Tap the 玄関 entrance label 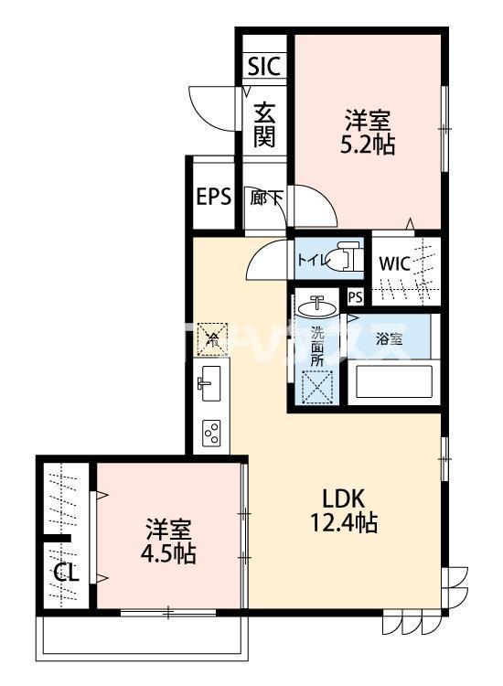click(x=265, y=124)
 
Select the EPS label click(x=213, y=197)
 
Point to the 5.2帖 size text click(x=369, y=145)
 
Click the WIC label click(x=396, y=263)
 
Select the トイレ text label click(x=311, y=260)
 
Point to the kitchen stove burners click(x=211, y=432)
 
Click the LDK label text click(x=344, y=498)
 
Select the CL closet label click(x=65, y=573)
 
